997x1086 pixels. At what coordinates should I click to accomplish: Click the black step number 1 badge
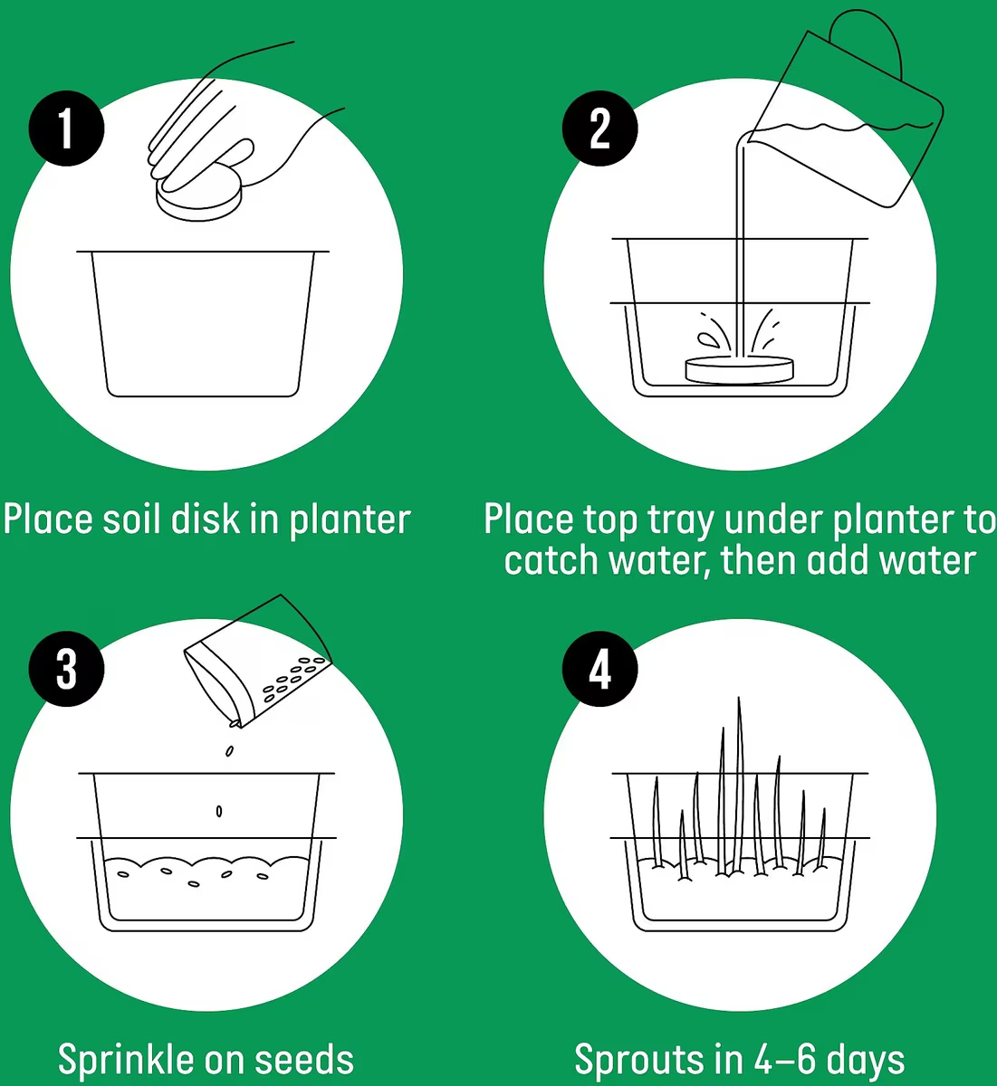pyautogui.click(x=66, y=129)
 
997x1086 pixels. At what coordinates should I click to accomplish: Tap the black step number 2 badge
pyautogui.click(x=599, y=129)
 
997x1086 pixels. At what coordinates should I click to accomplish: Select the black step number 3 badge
pyautogui.click(x=66, y=669)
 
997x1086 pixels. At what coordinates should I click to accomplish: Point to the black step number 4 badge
pyautogui.click(x=599, y=669)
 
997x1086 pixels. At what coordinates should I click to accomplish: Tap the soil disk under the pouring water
pyautogui.click(x=740, y=370)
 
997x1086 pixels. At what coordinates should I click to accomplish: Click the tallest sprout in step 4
pyautogui.click(x=739, y=785)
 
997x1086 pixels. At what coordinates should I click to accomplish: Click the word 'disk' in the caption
pyautogui.click(x=206, y=519)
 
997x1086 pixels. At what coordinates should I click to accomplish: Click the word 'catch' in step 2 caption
pyautogui.click(x=550, y=560)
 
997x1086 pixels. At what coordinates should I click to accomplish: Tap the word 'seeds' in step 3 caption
pyautogui.click(x=304, y=1060)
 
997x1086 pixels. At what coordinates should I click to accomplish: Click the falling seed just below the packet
pyautogui.click(x=230, y=751)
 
